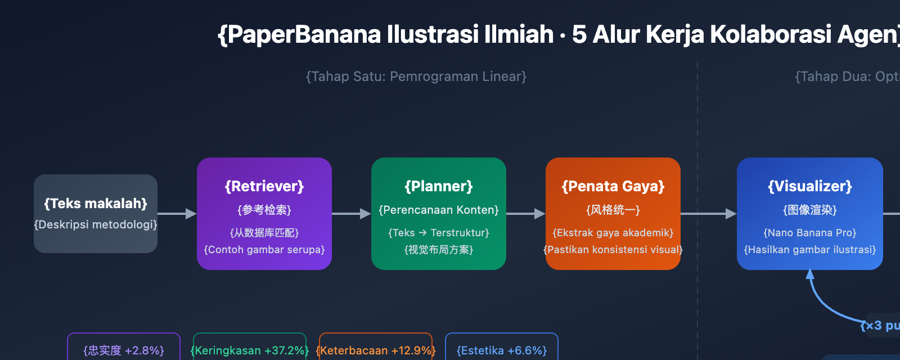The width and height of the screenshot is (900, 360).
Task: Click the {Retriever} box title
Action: pyautogui.click(x=264, y=186)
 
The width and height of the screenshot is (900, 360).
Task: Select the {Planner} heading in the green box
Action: pyautogui.click(x=439, y=186)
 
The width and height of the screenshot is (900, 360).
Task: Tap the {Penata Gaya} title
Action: pyautogui.click(x=613, y=186)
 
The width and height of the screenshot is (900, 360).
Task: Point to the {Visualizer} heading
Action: pyautogui.click(x=810, y=186)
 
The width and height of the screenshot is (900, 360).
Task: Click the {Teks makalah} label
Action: pyautogui.click(x=96, y=203)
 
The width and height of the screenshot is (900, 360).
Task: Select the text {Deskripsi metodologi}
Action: pyautogui.click(x=96, y=224)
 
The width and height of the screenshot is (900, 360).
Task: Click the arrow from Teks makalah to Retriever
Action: pyautogui.click(x=177, y=214)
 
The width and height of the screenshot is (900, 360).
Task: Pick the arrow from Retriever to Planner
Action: pyautogui.click(x=352, y=214)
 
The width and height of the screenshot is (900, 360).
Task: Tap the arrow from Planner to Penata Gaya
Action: pyautogui.click(x=526, y=214)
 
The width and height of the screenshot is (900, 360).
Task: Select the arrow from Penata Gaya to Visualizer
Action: pyautogui.click(x=709, y=214)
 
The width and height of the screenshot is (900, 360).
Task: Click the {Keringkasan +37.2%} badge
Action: pyautogui.click(x=250, y=350)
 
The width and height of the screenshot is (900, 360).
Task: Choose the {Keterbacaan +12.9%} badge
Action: pyautogui.click(x=376, y=350)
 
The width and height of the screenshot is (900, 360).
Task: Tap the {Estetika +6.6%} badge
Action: pyautogui.click(x=502, y=350)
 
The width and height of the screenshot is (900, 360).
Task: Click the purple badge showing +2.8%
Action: pyautogui.click(x=124, y=350)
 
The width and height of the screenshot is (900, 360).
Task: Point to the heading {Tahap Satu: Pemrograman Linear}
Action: pyautogui.click(x=416, y=76)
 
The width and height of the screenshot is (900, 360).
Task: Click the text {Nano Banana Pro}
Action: pyautogui.click(x=810, y=233)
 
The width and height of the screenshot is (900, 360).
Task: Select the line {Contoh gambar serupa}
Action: pyautogui.click(x=264, y=250)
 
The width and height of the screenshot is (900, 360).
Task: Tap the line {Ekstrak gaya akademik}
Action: pyautogui.click(x=613, y=233)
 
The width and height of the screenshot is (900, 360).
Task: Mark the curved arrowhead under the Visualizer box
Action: pyautogui.click(x=810, y=274)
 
